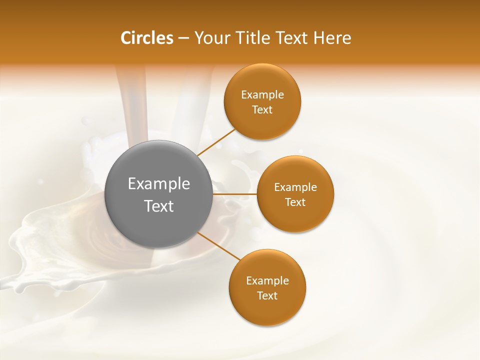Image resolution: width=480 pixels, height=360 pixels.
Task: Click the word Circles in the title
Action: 146,38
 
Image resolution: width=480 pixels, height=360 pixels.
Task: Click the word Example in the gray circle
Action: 159,184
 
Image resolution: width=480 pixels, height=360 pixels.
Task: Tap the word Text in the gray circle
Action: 159,206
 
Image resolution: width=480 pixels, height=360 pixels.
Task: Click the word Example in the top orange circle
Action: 262,95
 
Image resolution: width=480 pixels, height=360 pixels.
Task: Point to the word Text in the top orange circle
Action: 262,110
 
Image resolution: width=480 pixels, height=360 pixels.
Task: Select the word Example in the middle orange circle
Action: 295,187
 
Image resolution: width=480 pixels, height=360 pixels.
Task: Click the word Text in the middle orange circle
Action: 295,202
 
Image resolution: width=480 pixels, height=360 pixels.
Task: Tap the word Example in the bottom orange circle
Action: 267,281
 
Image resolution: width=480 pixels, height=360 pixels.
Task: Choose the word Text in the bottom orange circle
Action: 267,296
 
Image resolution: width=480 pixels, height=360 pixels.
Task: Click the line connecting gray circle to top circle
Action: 216,142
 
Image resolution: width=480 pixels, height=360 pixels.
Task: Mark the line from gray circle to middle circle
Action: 235,194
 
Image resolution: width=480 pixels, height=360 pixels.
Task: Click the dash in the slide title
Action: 183,38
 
